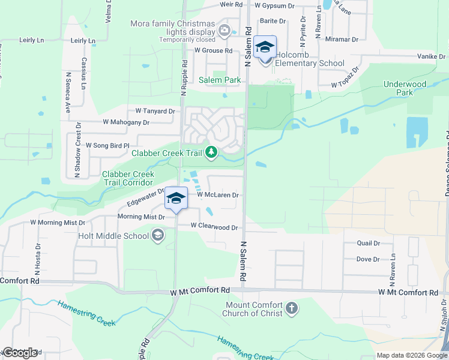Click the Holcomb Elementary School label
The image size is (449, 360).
click(310, 63)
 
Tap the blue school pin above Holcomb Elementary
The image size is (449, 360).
click(265, 47)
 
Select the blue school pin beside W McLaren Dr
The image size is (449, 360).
click(175, 199)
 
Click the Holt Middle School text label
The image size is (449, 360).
click(113, 236)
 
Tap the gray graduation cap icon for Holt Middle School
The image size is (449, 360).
click(158, 235)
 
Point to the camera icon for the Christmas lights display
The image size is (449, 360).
click(224, 30)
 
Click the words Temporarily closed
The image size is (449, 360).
click(187, 40)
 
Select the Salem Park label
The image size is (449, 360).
click(220, 80)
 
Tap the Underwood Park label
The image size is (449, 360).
click(406, 88)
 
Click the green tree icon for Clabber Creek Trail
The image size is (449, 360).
click(211, 153)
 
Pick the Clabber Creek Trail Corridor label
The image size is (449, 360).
click(127, 178)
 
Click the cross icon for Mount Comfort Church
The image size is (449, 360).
click(292, 308)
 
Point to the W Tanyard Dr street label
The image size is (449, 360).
click(155, 111)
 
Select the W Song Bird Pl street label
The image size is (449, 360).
click(107, 145)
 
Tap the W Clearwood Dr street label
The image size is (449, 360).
click(214, 227)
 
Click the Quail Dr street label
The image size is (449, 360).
click(368, 243)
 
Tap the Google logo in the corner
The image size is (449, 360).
click(20, 352)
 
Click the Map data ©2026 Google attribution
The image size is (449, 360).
click(411, 355)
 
